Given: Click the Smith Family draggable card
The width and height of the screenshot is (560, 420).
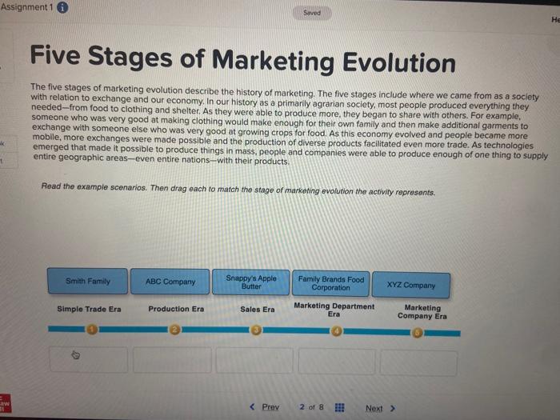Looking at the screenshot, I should pos(88,282).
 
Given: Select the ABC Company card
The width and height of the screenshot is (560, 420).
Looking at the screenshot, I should pos(170,282).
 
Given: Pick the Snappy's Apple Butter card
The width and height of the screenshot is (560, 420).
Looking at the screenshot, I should pos(251,282).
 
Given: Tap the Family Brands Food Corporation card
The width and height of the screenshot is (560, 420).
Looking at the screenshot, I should pos(330,283).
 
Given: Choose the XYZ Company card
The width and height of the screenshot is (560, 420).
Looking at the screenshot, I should pos(411,285).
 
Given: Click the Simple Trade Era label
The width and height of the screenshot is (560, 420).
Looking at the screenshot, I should pos(89,309).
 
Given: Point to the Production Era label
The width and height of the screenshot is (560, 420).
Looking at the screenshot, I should pos(176,309).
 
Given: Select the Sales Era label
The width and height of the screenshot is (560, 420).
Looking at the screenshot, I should pos(257,309).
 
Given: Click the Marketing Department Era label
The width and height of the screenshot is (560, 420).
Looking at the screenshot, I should pos(334,310).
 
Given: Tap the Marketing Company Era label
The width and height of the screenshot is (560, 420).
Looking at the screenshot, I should pos(422,311).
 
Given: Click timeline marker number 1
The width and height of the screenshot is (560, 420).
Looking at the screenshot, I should pos(91,328).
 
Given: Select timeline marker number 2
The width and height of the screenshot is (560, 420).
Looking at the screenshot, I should pos(174,329).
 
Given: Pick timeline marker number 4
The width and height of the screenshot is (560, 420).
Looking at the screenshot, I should pos(337,330).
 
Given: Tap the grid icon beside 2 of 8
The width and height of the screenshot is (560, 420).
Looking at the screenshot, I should pos(340,407).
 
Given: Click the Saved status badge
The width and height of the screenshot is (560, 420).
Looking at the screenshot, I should pos(313,13).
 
